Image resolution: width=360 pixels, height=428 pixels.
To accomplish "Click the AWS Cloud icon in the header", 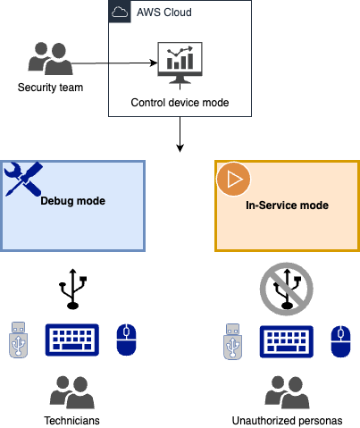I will (120, 13).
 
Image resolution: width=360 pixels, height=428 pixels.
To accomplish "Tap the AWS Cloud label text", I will (163, 13).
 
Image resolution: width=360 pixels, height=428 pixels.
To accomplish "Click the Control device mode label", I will (180, 103).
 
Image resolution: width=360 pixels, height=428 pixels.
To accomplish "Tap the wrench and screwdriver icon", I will (23, 180).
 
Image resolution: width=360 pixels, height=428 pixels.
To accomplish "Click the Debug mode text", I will (73, 201).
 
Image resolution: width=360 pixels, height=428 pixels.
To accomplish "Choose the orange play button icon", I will (233, 179).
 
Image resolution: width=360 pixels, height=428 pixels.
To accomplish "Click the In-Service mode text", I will (287, 206).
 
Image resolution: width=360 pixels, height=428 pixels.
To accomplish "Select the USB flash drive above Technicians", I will (20, 340).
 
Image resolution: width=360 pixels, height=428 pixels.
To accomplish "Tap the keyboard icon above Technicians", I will (74, 340).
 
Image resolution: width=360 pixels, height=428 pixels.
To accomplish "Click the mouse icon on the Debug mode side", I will (127, 338).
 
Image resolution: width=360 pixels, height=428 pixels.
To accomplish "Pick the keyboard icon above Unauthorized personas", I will (285, 340).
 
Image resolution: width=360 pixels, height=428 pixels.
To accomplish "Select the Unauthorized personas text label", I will (287, 419).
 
